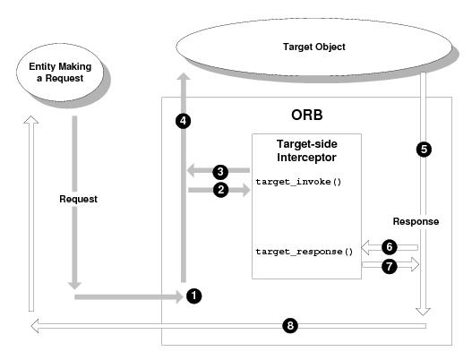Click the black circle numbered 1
pyautogui.click(x=193, y=296)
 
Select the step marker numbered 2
pyautogui.click(x=220, y=190)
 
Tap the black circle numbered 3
pyautogui.click(x=220, y=172)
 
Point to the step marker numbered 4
pyautogui.click(x=183, y=121)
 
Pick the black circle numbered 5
pyautogui.click(x=424, y=150)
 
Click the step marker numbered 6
pyautogui.click(x=390, y=247)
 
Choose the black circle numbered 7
pyautogui.click(x=390, y=266)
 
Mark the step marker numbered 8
pyautogui.click(x=290, y=325)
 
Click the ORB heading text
pyautogui.click(x=306, y=115)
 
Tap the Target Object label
pyautogui.click(x=314, y=47)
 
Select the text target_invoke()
pyautogui.click(x=298, y=182)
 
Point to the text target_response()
pyautogui.click(x=304, y=252)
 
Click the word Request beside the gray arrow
pyautogui.click(x=78, y=199)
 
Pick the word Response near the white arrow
pyautogui.click(x=416, y=221)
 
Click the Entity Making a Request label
pyautogui.click(x=60, y=73)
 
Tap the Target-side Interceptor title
pyautogui.click(x=306, y=150)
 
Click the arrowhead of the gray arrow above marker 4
pyautogui.click(x=184, y=76)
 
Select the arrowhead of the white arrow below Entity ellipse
pyautogui.click(x=31, y=120)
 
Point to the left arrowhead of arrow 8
pyautogui.click(x=35, y=326)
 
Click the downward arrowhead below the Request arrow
pyautogui.click(x=74, y=286)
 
